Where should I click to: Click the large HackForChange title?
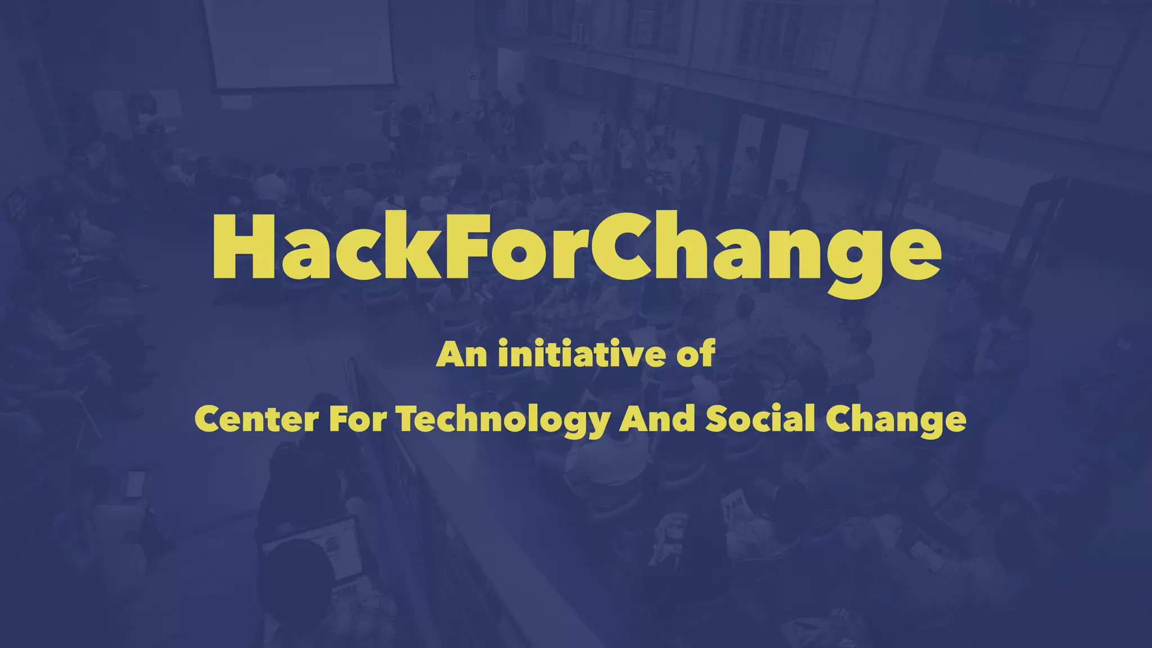click(576, 247)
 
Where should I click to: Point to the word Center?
click(256, 420)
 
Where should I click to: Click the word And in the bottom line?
click(657, 420)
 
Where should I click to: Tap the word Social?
click(760, 420)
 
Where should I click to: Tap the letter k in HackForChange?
click(416, 247)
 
